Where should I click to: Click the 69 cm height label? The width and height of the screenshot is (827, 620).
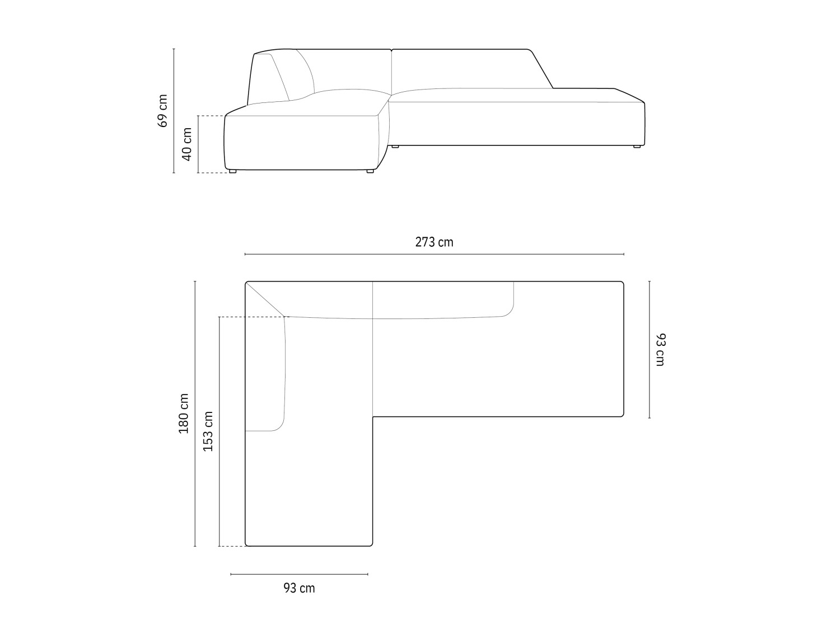(162, 111)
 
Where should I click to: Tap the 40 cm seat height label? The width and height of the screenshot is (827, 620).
(187, 144)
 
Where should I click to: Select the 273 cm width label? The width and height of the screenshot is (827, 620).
(434, 242)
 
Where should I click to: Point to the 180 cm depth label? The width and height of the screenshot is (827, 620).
(184, 414)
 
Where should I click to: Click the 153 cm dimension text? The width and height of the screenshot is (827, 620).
(208, 431)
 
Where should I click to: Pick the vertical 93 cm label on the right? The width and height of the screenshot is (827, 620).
(661, 349)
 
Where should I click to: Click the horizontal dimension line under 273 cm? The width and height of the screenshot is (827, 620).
(434, 254)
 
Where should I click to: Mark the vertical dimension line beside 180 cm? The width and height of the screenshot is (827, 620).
(195, 414)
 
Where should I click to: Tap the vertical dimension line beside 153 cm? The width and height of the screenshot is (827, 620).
(219, 431)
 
